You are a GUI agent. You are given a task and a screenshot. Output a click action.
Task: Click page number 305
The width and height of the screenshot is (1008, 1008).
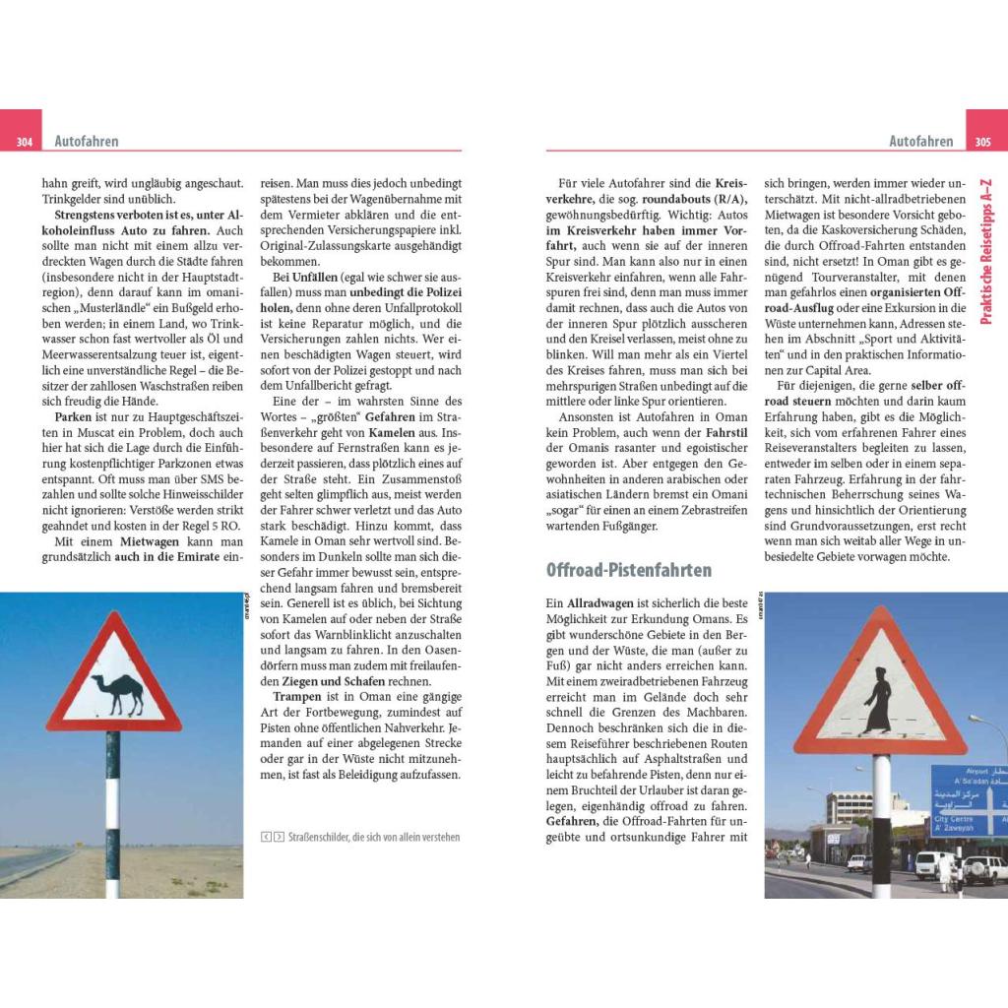pyautogui.click(x=981, y=142)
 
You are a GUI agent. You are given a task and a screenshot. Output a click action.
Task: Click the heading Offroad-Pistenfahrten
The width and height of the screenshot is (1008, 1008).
pyautogui.click(x=628, y=570)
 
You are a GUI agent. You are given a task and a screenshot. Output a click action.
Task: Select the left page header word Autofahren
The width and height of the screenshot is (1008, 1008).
pyautogui.click(x=87, y=142)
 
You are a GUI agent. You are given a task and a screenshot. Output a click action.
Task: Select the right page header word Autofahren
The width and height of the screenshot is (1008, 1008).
pyautogui.click(x=920, y=142)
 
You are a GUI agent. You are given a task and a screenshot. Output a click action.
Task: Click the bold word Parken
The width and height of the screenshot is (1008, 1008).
pyautogui.click(x=73, y=417)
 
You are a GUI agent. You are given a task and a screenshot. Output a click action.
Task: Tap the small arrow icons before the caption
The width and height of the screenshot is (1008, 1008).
pyautogui.click(x=273, y=837)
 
